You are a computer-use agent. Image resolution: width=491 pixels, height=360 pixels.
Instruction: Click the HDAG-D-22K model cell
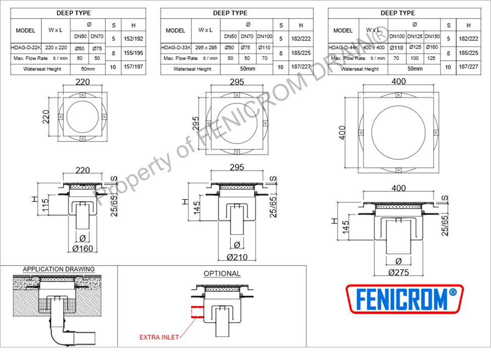pos(26,47)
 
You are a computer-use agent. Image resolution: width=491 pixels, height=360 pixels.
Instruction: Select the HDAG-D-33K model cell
pos(175,47)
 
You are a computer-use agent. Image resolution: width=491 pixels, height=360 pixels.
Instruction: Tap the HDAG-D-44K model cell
pos(343,47)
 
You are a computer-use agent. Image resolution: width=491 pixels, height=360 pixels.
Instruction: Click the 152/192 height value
pos(134,39)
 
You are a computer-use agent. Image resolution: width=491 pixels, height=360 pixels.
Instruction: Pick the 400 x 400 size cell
pos(374,47)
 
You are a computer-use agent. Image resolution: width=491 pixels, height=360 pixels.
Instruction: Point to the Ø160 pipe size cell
pos(432,47)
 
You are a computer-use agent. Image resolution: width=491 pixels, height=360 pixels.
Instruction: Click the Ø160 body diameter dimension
pos(83,249)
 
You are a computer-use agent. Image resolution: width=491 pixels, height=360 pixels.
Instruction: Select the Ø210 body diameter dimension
pos(237,257)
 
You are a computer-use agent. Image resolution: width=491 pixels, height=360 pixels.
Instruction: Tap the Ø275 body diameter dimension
pos(399,272)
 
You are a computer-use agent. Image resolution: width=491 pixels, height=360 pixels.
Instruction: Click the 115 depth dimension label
pos(45,205)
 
